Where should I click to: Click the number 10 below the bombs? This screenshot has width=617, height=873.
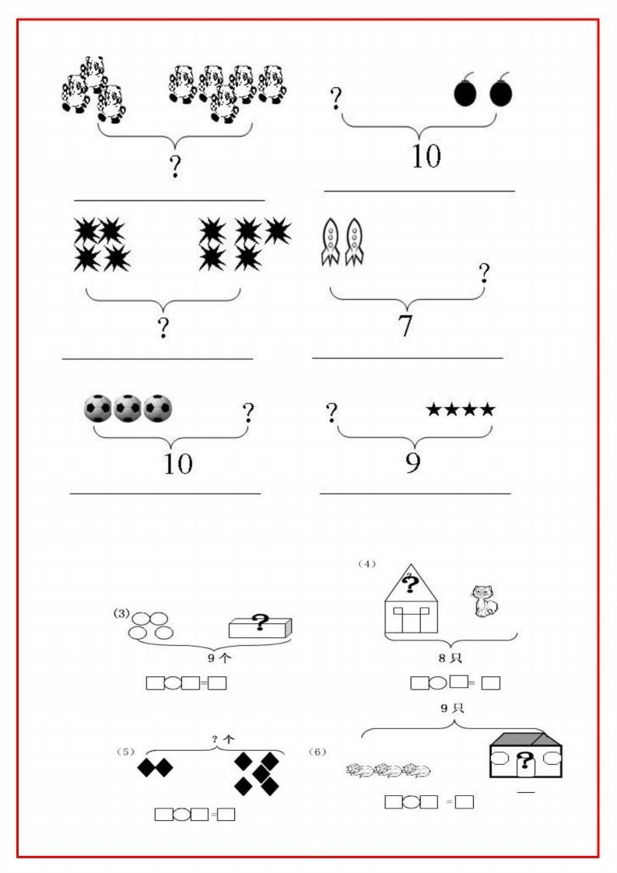click(426, 156)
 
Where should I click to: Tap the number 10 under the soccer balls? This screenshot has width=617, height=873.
click(177, 464)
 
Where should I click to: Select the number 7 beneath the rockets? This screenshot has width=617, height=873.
click(405, 326)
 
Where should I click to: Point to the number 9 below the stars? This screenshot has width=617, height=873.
click(413, 463)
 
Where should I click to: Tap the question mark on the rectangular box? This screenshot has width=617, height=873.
click(260, 622)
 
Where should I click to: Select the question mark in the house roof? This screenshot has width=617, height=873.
click(410, 582)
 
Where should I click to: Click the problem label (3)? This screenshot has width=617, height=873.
click(121, 613)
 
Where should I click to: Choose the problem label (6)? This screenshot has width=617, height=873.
click(317, 752)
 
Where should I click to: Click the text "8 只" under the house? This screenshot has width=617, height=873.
click(450, 658)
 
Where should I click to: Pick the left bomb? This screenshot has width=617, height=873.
click(465, 93)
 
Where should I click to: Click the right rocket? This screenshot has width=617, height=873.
click(355, 242)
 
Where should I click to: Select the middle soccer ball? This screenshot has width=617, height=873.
click(128, 408)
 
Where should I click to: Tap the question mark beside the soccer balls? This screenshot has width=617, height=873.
click(248, 412)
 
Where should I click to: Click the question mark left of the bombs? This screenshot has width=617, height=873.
click(336, 99)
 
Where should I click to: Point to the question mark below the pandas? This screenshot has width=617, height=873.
click(175, 167)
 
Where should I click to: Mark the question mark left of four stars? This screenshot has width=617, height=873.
click(331, 412)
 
